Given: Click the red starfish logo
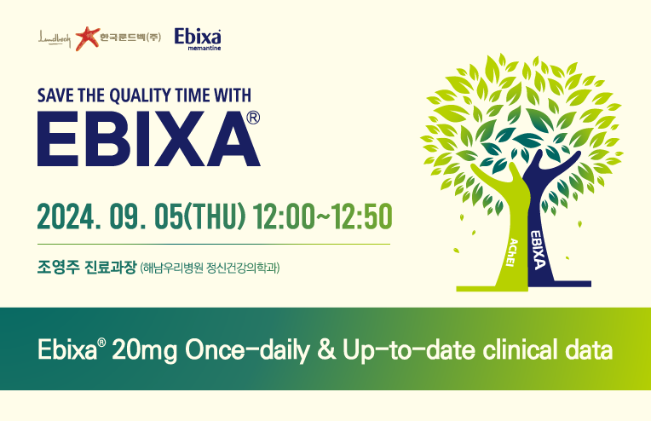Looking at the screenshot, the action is (x=88, y=38).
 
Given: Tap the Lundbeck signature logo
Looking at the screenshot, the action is (x=55, y=38).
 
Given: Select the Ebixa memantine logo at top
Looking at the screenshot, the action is (x=198, y=39).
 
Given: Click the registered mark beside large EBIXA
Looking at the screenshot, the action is (x=253, y=118).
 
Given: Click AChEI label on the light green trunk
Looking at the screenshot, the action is (x=513, y=252).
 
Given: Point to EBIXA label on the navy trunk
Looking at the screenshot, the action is (x=537, y=250).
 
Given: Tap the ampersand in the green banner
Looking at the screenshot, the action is (x=326, y=350).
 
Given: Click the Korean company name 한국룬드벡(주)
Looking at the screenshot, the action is (x=130, y=37).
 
